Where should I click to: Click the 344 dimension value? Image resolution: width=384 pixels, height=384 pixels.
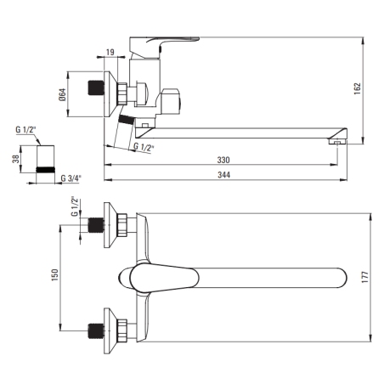(223, 175)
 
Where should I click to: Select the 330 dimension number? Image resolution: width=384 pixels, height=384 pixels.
(223, 160)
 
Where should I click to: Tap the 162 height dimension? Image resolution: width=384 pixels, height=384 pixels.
(358, 88)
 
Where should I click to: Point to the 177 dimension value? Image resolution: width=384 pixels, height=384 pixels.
(365, 277)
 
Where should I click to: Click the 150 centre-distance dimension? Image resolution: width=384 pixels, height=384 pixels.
(54, 275)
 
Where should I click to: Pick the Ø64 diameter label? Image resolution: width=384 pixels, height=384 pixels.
(62, 94)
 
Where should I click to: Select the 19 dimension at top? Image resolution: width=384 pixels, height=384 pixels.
(110, 52)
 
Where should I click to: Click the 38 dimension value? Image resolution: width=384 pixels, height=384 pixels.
(16, 159)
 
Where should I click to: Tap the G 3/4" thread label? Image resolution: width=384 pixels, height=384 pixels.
(71, 178)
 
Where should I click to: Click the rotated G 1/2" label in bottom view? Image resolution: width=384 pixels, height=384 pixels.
(74, 206)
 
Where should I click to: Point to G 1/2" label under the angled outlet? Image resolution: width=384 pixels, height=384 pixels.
(144, 147)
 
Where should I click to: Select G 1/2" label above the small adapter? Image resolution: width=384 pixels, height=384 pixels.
(25, 130)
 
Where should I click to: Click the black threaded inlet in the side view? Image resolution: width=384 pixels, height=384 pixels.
(96, 88)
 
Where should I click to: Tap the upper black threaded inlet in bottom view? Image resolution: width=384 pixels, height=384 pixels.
(96, 225)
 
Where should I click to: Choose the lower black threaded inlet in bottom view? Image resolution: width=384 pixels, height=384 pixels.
(96, 331)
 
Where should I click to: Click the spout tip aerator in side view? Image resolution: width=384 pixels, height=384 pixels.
(337, 141)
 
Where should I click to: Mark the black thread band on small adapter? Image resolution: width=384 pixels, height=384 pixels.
(45, 170)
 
